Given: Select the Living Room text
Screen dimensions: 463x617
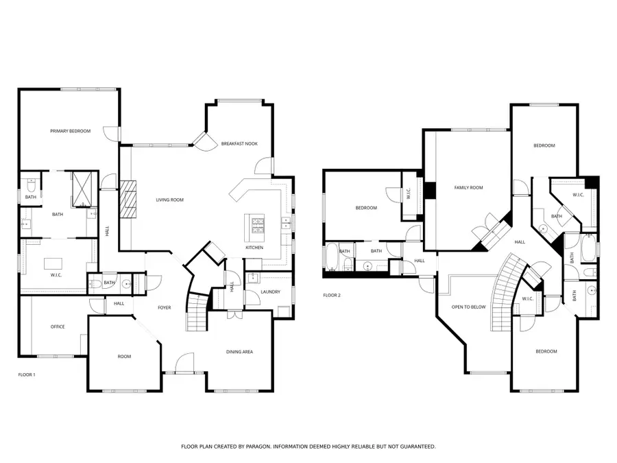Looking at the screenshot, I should click(169, 200).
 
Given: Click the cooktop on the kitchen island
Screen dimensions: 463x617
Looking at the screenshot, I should click(256, 224).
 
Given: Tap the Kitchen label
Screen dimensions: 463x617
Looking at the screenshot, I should click(254, 248).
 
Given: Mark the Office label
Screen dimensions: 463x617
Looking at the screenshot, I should click(58, 327).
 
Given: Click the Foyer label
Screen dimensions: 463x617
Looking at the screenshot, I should click(165, 307).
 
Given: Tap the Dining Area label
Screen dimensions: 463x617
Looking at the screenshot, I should click(239, 352).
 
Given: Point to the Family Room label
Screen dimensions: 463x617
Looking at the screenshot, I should click(468, 187).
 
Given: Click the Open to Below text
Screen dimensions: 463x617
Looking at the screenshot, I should click(468, 307).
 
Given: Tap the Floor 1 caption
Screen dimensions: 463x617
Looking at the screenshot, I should click(26, 375).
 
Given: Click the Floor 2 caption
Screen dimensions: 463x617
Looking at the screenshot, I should click(332, 296).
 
